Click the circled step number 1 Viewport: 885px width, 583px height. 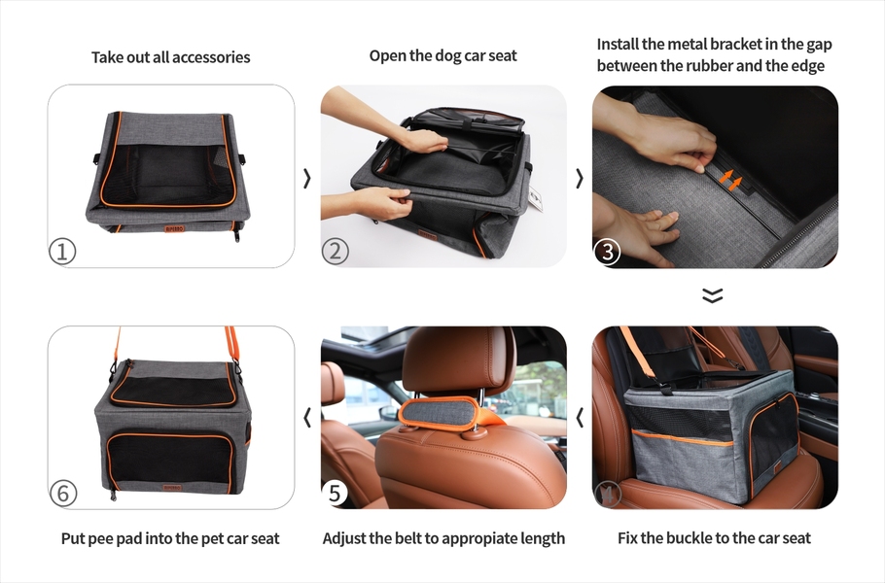[x=62, y=251]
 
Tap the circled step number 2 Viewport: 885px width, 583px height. [x=336, y=251]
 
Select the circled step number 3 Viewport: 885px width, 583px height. [x=607, y=252]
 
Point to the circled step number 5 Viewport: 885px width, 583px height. [x=335, y=493]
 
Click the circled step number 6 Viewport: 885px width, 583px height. [x=63, y=494]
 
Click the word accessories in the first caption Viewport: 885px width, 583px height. [x=211, y=57]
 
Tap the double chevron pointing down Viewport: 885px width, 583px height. [x=713, y=295]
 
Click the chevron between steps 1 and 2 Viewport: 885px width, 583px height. [x=307, y=178]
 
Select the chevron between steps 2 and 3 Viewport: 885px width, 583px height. [x=579, y=178]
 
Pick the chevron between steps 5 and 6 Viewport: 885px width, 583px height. [x=307, y=418]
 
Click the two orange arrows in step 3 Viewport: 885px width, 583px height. [x=730, y=179]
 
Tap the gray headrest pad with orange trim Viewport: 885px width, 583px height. [x=439, y=413]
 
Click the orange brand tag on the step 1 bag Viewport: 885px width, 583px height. [x=174, y=229]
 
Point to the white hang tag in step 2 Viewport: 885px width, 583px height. [x=536, y=199]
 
